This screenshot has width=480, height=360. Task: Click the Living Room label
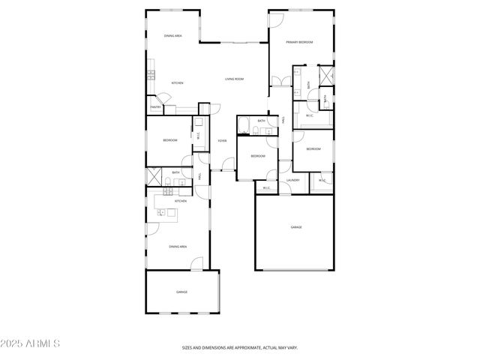click(x=235, y=79)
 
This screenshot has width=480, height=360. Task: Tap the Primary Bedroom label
click(x=299, y=42)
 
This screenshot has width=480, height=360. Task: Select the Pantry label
click(x=155, y=107)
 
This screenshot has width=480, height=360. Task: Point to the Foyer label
click(x=222, y=141)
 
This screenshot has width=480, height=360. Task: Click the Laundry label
click(x=293, y=180)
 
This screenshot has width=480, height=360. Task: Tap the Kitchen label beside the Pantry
click(x=178, y=82)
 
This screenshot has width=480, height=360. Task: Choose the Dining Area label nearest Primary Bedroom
click(x=173, y=36)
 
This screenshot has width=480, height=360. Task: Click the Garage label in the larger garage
click(x=296, y=226)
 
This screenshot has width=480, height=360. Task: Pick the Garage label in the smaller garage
click(x=181, y=292)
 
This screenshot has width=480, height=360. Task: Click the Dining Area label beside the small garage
click(x=178, y=247)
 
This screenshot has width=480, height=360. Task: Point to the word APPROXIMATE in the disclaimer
click(x=241, y=348)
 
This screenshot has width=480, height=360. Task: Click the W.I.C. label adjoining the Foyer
click(x=198, y=136)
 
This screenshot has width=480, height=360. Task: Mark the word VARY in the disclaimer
click(x=292, y=348)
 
